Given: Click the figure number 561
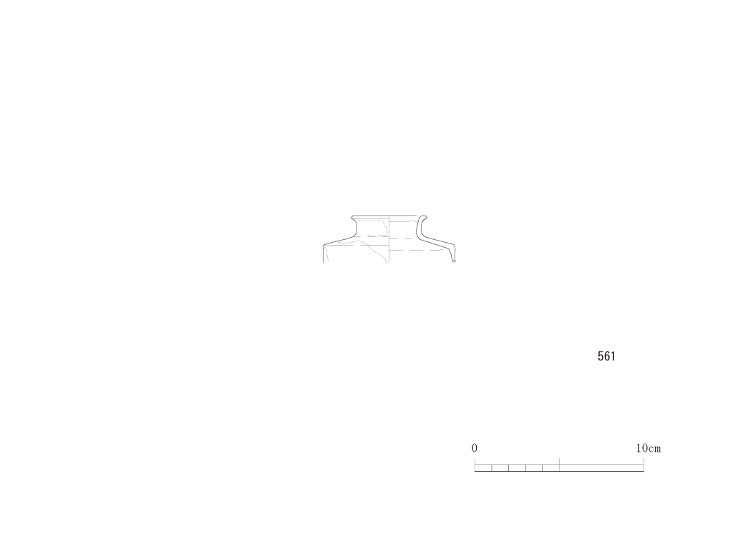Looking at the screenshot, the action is pos(606,357).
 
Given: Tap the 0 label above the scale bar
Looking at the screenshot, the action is pos(474,448).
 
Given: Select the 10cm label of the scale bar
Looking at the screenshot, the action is pos(649,448).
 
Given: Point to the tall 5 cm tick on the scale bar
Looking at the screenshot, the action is pos(559,464).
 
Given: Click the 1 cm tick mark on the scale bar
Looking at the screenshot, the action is pos(491,468).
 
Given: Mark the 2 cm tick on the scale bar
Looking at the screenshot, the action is pos(508,468).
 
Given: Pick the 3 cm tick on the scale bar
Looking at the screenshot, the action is pos(525,468).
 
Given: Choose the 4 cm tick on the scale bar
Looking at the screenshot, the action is pos(543,468).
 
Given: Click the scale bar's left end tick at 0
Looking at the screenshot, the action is pos(475,464).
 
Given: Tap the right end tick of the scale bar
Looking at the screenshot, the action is pos(644,464).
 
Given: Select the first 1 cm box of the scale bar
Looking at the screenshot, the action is pos(483,468).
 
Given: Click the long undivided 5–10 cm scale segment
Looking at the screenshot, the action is pos(601,468).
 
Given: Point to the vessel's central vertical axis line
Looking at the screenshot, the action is pos(389,239).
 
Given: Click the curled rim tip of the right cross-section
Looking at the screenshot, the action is pos(422,218).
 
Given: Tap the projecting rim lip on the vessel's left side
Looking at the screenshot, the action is pos(354,218).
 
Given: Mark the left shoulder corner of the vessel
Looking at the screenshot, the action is pos(324,246).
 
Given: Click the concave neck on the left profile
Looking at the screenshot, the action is pos(356,228).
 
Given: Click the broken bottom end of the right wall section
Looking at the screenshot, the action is pos(452,261).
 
